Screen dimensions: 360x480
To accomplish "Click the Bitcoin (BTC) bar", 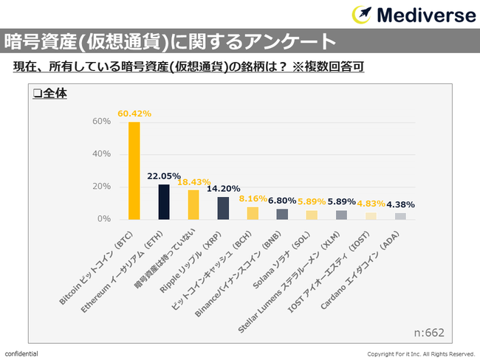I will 134,170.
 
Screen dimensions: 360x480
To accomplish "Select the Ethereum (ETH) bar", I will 164,202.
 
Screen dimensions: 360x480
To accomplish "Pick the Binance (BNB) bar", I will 282,214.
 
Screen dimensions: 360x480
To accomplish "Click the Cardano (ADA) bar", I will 400,216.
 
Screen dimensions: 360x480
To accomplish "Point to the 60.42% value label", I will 134,114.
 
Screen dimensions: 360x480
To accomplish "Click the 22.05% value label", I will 164,176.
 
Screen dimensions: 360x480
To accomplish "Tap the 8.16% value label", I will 252,198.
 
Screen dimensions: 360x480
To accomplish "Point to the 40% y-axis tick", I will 102,153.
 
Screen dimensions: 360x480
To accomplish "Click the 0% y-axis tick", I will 104,219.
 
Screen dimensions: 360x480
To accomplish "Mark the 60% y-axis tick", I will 102,121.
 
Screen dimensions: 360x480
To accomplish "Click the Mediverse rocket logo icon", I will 362,15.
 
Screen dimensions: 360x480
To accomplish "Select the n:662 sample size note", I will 428,332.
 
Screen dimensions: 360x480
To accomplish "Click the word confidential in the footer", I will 21,354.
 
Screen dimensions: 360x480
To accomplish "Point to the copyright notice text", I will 421,354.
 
